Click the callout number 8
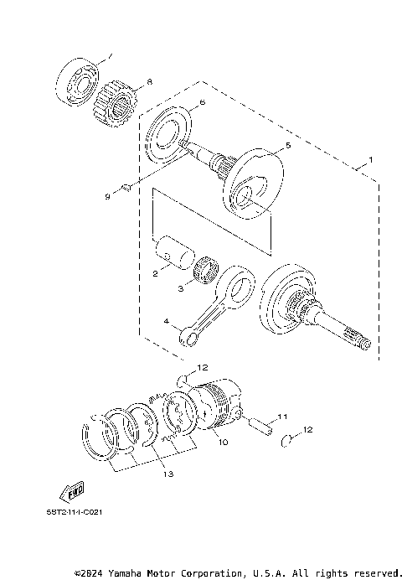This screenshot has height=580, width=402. (150, 81)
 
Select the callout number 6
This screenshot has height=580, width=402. (202, 105)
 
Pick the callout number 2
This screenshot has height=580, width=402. (156, 273)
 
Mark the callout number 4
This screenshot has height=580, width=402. (167, 322)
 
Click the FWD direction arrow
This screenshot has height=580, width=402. (72, 490)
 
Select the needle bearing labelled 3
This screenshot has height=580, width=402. (205, 272)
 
